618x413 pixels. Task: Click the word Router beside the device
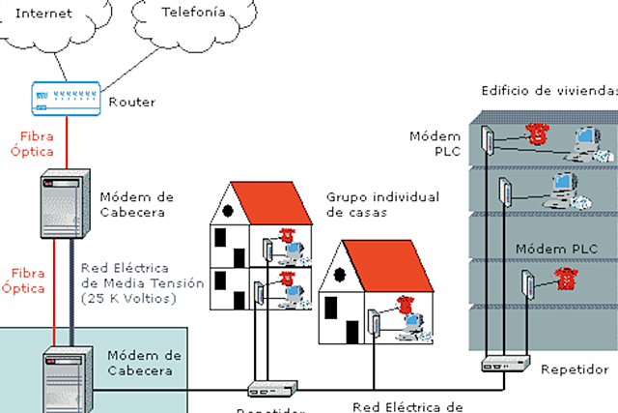pos(132,102)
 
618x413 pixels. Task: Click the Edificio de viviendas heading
pos(548,91)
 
